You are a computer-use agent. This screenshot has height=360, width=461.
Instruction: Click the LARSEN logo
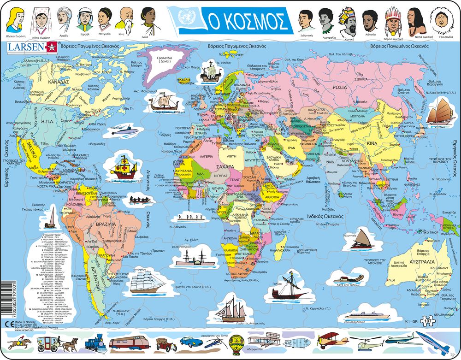(x=26, y=46)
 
